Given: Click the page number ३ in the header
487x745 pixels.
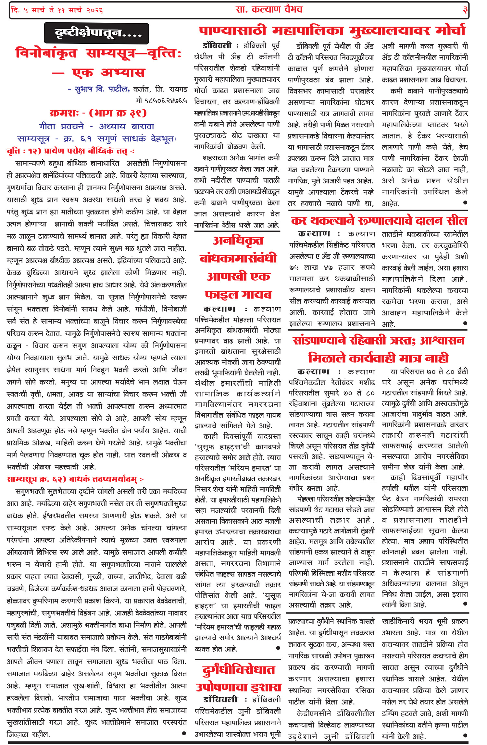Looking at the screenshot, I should pos(465,10).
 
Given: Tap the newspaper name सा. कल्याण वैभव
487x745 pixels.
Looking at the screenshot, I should pos(269,9).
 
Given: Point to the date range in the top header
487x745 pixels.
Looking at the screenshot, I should pos(57,10).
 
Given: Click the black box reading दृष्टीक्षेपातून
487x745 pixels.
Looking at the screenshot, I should pos(96,33).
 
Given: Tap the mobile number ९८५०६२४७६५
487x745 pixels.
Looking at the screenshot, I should pos(161,101).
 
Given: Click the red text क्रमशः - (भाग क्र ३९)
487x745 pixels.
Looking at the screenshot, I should pos(98,113).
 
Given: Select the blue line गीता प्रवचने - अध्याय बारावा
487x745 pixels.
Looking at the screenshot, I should pos(96,126).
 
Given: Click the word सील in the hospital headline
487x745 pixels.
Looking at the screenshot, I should pos(457,221).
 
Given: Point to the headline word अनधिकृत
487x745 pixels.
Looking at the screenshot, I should pos(238,240).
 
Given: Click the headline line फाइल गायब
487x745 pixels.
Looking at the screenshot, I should pos(238,294).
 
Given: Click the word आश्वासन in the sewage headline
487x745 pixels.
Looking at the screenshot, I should pos(442,340).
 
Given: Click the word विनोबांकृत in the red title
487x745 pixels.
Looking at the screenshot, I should pos(46,53).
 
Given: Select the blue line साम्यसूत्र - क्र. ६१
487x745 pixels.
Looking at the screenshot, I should pos(96,139).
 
